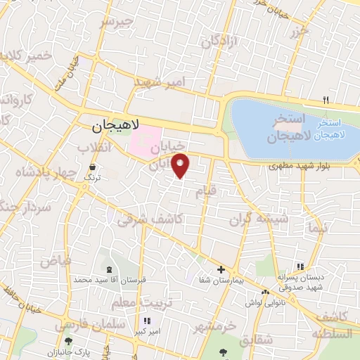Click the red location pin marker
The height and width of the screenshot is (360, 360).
pos(181,165)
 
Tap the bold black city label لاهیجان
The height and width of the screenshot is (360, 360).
pos(116,126)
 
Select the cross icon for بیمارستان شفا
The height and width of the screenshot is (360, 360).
pos(221,269)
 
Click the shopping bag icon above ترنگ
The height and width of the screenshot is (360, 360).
pos(92,167)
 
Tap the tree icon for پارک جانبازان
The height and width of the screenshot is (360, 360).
pos(67,341)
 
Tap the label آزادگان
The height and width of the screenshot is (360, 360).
pos(220,43)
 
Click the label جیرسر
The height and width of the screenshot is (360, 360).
pos(116,22)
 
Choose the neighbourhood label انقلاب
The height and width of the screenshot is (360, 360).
pos(94,148)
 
